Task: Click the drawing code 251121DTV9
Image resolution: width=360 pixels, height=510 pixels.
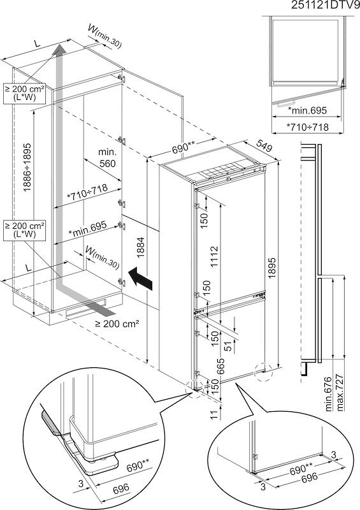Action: [x=325, y=6]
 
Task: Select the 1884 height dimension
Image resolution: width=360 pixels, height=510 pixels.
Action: [x=140, y=247]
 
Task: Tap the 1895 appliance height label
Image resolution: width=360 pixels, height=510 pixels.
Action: [x=272, y=268]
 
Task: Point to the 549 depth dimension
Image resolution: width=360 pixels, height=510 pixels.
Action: [x=263, y=147]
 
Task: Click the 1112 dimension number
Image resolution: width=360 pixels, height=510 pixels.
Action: [x=213, y=257]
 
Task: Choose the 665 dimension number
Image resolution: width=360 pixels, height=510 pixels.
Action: [x=221, y=366]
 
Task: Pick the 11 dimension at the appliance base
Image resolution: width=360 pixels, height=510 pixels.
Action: [x=213, y=415]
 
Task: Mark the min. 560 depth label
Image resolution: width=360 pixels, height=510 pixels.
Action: [x=107, y=157]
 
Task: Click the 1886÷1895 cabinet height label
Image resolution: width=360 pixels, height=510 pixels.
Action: [x=27, y=167]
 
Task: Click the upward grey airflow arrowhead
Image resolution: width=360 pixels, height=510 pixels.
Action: [x=59, y=50]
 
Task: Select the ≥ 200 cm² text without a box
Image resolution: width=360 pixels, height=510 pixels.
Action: [x=117, y=323]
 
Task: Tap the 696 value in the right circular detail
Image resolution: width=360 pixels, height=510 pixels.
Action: [x=309, y=477]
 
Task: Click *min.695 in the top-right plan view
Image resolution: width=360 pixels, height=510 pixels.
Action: [x=307, y=110]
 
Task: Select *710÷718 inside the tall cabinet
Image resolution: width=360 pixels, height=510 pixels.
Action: [x=87, y=193]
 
